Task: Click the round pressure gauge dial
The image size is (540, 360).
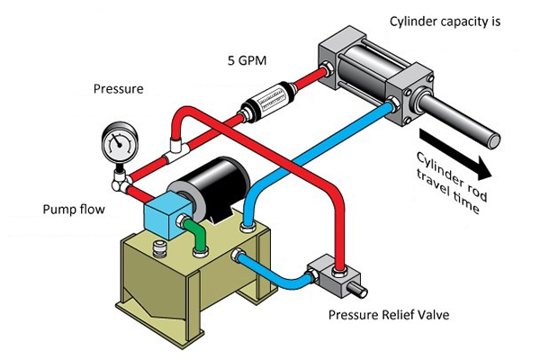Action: (x=119, y=141)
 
